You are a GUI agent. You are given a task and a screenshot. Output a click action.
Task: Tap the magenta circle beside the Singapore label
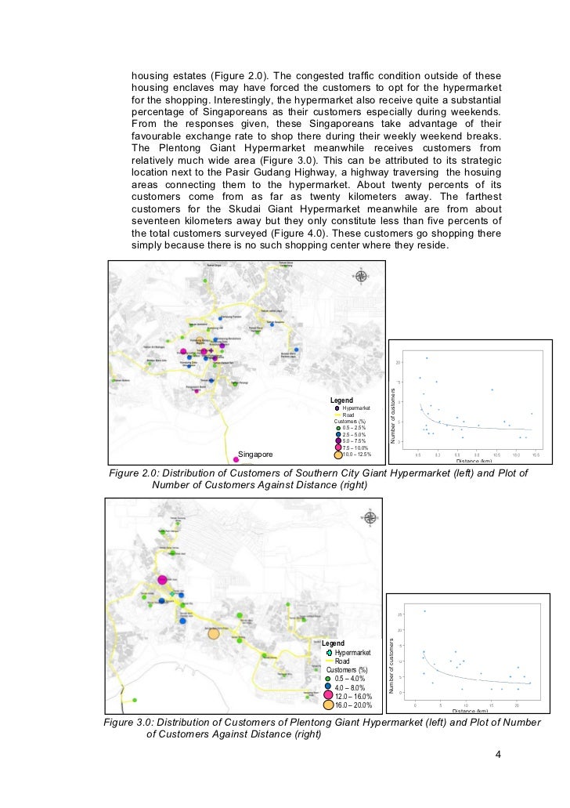(236, 460)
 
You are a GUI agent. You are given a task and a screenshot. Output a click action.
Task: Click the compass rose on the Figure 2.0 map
(361, 276)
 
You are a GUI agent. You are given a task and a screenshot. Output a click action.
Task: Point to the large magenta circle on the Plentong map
(162, 580)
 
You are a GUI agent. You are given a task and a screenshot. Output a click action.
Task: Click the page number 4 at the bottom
(498, 755)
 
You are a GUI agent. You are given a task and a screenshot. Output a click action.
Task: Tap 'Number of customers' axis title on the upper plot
(393, 400)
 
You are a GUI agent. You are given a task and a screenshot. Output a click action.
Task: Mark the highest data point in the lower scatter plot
(424, 611)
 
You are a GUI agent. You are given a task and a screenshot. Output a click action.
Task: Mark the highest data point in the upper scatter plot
(427, 358)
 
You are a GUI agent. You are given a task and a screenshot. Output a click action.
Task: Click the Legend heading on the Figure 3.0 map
(333, 643)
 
